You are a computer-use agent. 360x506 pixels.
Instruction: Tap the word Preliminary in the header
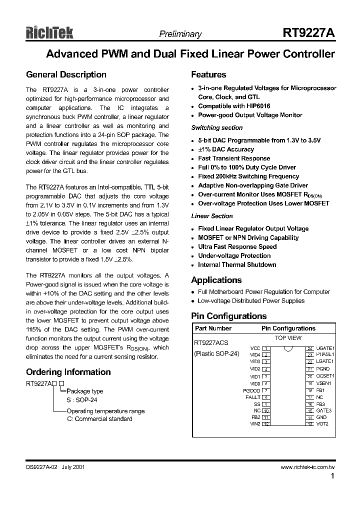click(180, 34)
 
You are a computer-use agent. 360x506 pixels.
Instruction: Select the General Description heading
click(66, 74)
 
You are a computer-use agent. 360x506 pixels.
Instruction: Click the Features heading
click(208, 74)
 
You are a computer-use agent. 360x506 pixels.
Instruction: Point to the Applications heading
click(216, 280)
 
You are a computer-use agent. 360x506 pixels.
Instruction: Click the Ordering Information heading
click(68, 372)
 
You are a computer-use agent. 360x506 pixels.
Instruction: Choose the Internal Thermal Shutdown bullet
click(237, 264)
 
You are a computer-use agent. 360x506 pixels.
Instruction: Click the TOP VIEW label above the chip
click(288, 338)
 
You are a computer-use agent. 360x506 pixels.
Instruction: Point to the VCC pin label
click(255, 347)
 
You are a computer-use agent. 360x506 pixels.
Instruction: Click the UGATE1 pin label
click(325, 347)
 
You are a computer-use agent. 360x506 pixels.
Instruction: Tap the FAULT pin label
click(252, 397)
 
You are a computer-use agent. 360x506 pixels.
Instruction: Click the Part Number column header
click(213, 328)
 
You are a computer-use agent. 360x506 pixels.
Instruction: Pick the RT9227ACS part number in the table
click(211, 343)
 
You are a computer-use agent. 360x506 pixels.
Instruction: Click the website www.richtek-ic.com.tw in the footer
click(307, 467)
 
